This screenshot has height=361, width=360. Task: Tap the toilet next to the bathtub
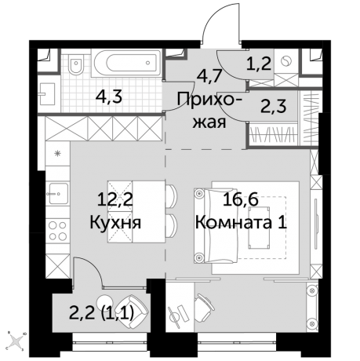coord(77,64)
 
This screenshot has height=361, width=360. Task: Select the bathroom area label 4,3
coord(107,99)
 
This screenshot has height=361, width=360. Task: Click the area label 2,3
coord(272,105)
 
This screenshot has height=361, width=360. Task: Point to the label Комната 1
coord(242,222)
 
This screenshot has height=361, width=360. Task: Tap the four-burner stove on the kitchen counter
coord(57,232)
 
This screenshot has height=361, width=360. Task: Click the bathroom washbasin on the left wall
coord(45,93)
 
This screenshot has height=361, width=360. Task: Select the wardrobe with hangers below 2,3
coord(274,133)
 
